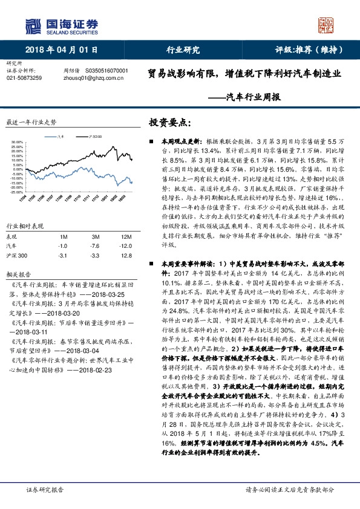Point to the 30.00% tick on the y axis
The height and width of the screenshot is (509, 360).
click(17, 143)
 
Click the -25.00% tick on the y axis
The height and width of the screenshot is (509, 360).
click(16, 191)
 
